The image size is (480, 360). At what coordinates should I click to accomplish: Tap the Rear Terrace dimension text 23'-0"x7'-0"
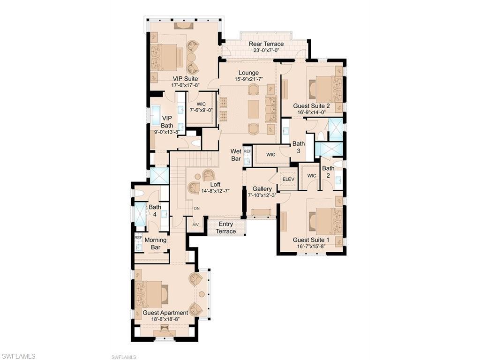(x=266, y=51)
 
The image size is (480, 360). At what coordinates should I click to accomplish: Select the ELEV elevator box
(x=287, y=179)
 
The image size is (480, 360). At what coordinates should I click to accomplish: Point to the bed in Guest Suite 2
(x=325, y=89)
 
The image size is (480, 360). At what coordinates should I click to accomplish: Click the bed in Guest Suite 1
(x=325, y=221)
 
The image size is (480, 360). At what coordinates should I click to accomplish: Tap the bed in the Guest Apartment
(x=151, y=294)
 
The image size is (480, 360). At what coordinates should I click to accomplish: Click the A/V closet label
(x=195, y=224)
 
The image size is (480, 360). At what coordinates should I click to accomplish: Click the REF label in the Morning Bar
(x=138, y=238)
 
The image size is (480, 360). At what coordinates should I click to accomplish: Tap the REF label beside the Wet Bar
(x=247, y=151)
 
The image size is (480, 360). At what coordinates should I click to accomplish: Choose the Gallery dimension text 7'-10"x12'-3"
(x=262, y=195)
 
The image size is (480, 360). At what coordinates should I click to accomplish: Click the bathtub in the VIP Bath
(x=156, y=114)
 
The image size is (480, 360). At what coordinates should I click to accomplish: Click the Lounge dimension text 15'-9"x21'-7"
(x=248, y=80)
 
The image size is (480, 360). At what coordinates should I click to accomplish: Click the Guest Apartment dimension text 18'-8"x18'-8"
(x=165, y=319)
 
